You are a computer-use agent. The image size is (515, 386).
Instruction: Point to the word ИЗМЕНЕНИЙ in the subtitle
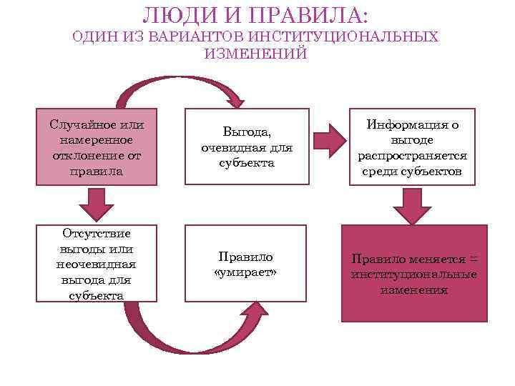pos(255,54)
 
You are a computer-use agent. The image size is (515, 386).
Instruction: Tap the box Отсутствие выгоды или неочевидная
pos(97,264)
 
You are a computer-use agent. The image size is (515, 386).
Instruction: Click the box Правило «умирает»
pos(247,264)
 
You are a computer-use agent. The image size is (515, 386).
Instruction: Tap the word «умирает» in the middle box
pos(247,272)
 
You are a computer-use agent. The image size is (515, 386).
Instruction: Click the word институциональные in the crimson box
pos(413,274)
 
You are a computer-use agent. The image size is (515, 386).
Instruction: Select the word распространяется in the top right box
pos(413,156)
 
